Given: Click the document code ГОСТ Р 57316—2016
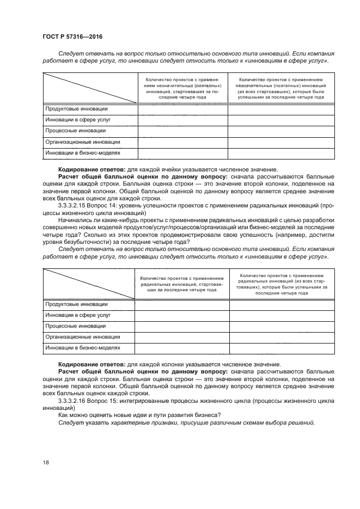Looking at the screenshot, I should tap(72, 36).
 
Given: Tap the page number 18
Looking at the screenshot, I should tap(46, 462).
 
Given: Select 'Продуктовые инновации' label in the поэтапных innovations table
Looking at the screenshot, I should tap(76, 109).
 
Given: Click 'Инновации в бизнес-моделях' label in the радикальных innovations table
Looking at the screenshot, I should tap(83, 347).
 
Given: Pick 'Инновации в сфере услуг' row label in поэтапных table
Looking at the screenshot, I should tap(78, 120).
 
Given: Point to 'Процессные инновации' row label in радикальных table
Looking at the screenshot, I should tap(76, 326).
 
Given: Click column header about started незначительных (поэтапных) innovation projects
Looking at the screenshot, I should tap(182, 88).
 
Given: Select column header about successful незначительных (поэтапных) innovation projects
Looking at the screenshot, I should tap(281, 88).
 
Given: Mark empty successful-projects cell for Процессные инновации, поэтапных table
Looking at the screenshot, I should tap(281, 131).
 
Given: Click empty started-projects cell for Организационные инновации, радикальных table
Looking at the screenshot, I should tap(182, 336).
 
